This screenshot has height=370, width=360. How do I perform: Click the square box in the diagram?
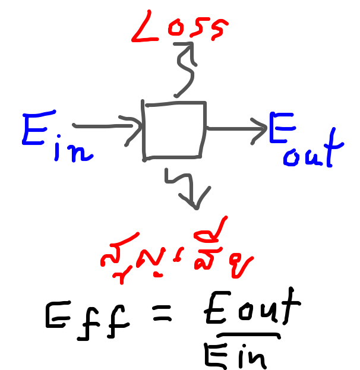click(175, 131)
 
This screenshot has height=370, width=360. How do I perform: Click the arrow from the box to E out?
click(235, 127)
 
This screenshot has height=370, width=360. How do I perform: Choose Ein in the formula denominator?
click(235, 355)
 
